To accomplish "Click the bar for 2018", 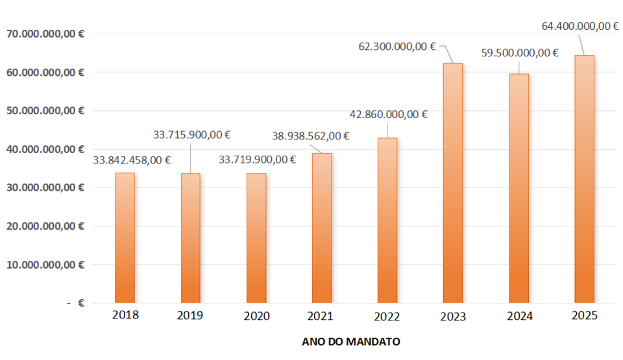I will pos(125,237).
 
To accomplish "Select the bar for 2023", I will pos(453,183).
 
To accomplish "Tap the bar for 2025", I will pos(584,179).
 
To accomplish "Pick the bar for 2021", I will pos(322,228).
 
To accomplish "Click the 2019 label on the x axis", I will pos(190,316).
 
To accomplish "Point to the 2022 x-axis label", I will pos(387,316).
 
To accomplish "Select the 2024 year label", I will pos(519,316).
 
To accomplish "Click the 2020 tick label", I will pos(256,316).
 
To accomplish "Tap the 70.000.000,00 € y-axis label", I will pos(46,34).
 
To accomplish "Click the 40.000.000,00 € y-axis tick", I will pos(46,150).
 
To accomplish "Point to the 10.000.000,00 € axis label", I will pos(46,265).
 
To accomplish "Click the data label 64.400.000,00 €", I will pos(580,27).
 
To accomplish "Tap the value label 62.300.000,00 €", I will pos(397,47).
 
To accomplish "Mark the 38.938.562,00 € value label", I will pos(311,136).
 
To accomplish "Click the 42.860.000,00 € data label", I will pos(388,115).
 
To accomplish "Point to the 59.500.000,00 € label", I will pos(520,53).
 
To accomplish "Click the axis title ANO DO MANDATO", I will pos(351,341).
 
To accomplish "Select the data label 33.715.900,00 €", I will pos(192,135).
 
